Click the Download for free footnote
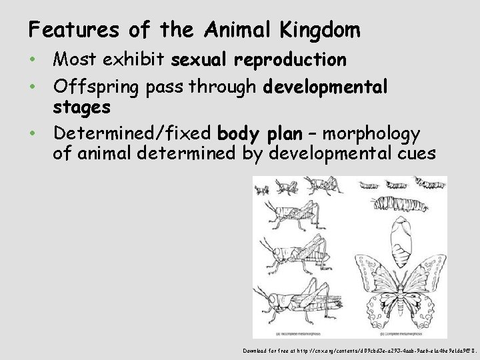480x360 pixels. point(359,349)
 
